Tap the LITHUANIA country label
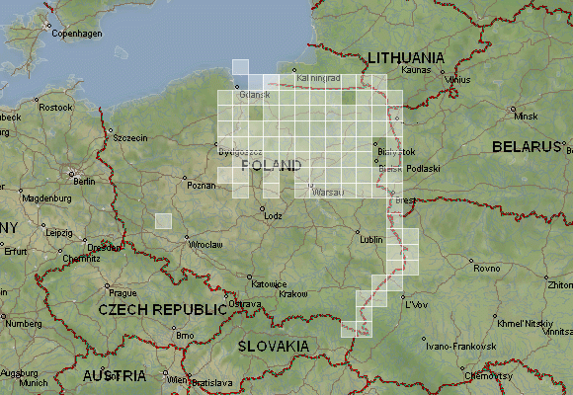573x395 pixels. pos(405,57)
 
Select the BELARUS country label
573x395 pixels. pos(526,147)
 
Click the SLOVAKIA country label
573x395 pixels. pos(272,347)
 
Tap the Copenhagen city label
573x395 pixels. pos(78,34)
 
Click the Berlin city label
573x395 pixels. pos(83,181)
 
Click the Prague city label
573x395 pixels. pos(123,292)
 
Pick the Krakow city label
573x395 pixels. pos(293,294)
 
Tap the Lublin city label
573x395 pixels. pos(369,239)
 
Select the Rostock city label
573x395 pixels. pos(55,107)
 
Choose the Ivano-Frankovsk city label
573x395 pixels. pos(453,348)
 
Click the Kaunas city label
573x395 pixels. pos(417,71)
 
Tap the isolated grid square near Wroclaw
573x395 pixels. pos(163,221)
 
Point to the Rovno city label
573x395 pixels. pos(487,268)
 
